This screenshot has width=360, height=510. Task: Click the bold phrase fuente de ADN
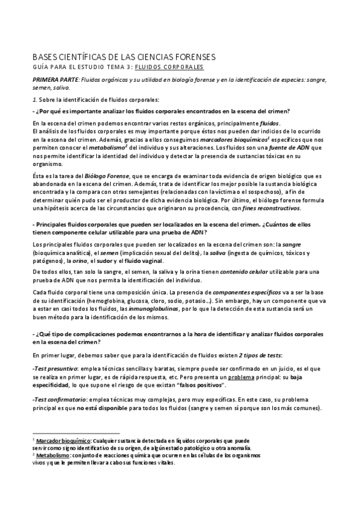click(291, 148)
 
